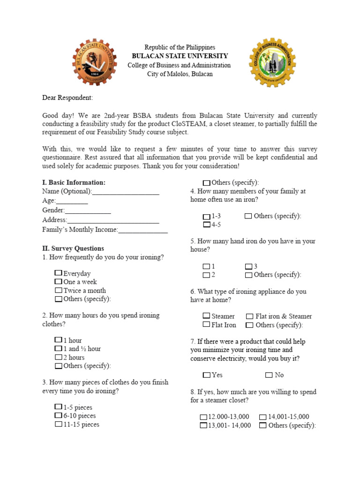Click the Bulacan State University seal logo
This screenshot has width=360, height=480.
click(x=94, y=62)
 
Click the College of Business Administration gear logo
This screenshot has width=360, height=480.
click(x=273, y=62)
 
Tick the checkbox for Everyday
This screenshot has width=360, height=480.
click(x=58, y=273)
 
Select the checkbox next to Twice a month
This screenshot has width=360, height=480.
click(x=58, y=290)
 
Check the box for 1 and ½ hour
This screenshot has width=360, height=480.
click(x=58, y=349)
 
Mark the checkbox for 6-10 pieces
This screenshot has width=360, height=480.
click(x=58, y=415)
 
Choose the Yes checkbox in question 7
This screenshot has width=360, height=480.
click(x=207, y=375)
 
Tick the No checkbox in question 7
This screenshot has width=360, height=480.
click(x=269, y=375)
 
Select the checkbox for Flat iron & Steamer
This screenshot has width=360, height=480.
click(x=250, y=316)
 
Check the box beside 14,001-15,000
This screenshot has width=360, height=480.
click(x=263, y=417)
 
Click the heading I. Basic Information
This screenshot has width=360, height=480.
click(x=74, y=182)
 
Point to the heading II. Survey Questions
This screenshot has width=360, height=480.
click(x=73, y=248)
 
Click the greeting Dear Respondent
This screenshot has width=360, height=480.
click(x=67, y=97)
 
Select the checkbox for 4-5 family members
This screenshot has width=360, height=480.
click(x=207, y=225)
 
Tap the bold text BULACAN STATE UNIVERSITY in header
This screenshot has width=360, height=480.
click(x=180, y=56)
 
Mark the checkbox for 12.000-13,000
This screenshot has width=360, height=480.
click(x=203, y=417)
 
